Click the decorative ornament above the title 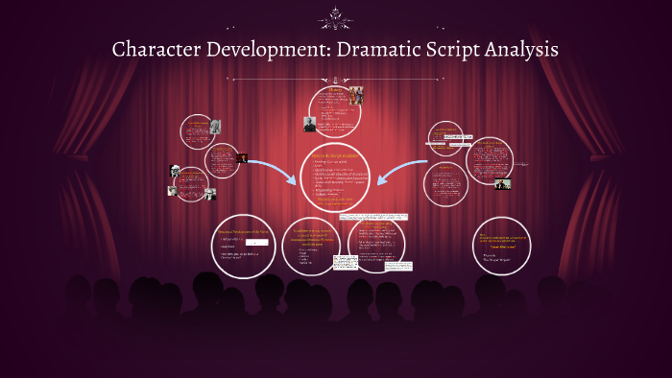[336, 14]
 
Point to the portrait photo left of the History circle [310, 124]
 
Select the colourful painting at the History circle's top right [356, 96]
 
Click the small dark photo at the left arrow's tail [242, 157]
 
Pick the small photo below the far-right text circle [502, 184]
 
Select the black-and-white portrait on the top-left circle [215, 126]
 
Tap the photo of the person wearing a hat [176, 171]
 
